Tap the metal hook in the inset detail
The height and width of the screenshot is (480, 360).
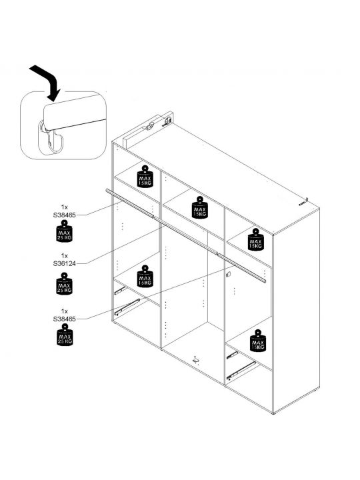click(x=52, y=139)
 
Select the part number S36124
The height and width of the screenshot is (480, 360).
click(x=64, y=263)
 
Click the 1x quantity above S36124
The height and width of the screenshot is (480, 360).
click(x=64, y=255)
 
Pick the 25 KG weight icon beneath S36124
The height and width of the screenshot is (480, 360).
click(x=64, y=284)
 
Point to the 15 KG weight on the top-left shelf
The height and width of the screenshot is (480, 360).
click(x=145, y=176)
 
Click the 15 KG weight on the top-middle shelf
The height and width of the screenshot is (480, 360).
click(x=200, y=207)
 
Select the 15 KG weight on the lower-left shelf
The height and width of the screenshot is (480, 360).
click(x=145, y=276)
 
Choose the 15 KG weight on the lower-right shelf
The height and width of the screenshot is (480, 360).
click(x=258, y=341)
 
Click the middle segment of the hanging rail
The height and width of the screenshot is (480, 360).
click(x=186, y=236)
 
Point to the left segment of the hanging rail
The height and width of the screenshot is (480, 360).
click(x=130, y=203)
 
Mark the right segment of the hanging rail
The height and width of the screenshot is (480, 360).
click(x=242, y=267)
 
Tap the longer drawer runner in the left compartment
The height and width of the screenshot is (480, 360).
click(x=127, y=307)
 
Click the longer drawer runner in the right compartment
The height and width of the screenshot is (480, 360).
click(x=241, y=370)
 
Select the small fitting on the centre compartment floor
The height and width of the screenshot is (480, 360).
click(x=195, y=360)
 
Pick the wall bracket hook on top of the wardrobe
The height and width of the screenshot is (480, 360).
click(x=150, y=127)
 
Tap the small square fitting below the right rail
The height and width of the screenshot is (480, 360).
click(x=228, y=275)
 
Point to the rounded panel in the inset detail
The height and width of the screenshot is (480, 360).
click(x=75, y=111)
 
